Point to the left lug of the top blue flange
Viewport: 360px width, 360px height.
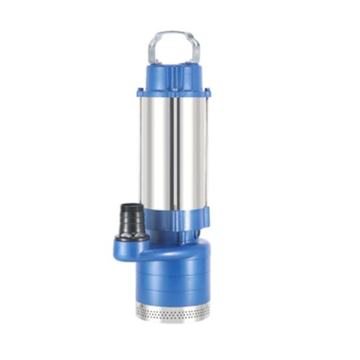click(x=140, y=92)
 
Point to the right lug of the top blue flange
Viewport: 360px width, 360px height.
click(x=208, y=92)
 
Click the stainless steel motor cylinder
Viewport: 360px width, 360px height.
click(x=186, y=150)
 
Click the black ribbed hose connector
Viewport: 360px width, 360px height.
click(x=131, y=219)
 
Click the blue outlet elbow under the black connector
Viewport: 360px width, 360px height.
click(x=129, y=248)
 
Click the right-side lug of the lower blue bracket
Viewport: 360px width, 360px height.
click(x=206, y=214)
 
